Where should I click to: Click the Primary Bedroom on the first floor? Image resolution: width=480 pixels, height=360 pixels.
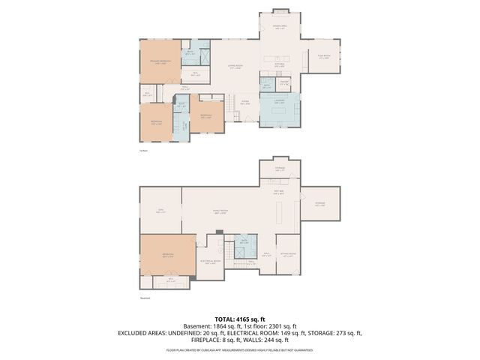click(160, 64)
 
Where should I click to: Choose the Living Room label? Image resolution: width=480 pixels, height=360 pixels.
click(235, 67)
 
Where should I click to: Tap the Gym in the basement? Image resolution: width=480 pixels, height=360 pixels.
click(160, 211)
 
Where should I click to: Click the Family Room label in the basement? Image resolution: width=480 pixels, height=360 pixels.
click(220, 212)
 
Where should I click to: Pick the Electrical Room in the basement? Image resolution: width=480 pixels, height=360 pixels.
click(209, 262)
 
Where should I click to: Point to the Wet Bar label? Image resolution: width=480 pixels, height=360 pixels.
click(278, 193)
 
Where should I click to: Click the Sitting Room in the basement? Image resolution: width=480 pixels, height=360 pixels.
click(288, 256)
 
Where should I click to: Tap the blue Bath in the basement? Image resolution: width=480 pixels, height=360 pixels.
click(243, 242)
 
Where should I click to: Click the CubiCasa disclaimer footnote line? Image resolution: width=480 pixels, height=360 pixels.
click(240, 349)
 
